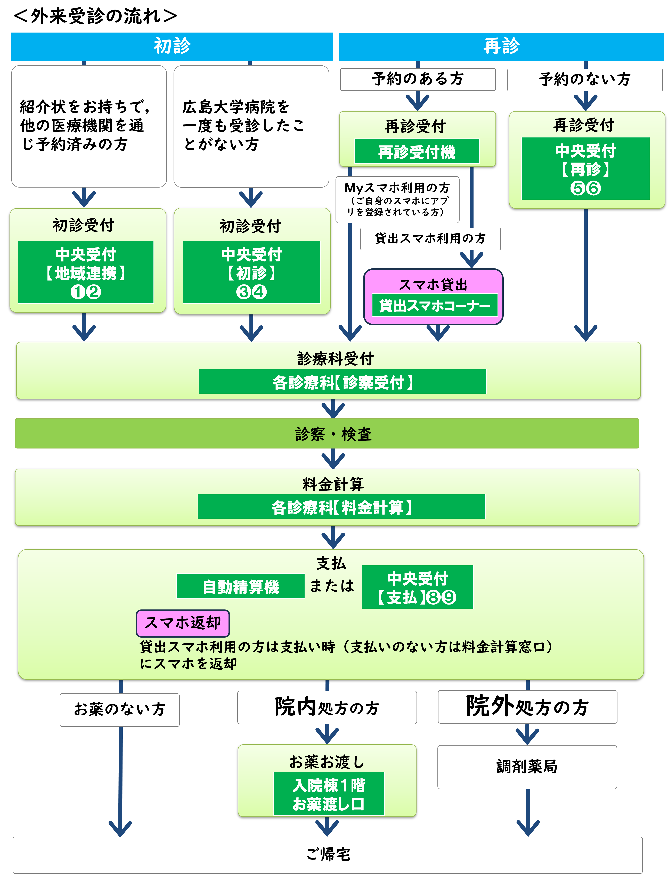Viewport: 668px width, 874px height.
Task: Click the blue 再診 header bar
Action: (501, 47)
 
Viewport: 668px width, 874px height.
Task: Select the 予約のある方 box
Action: (418, 79)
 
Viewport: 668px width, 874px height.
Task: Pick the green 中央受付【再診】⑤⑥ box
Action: (585, 169)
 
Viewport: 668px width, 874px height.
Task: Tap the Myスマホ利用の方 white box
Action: (397, 200)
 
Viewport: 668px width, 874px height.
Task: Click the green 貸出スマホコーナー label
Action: (435, 305)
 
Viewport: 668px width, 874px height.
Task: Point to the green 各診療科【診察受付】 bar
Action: (342, 382)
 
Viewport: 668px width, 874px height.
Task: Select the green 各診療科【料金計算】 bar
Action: (341, 507)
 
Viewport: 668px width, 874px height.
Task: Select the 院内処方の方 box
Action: (327, 707)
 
